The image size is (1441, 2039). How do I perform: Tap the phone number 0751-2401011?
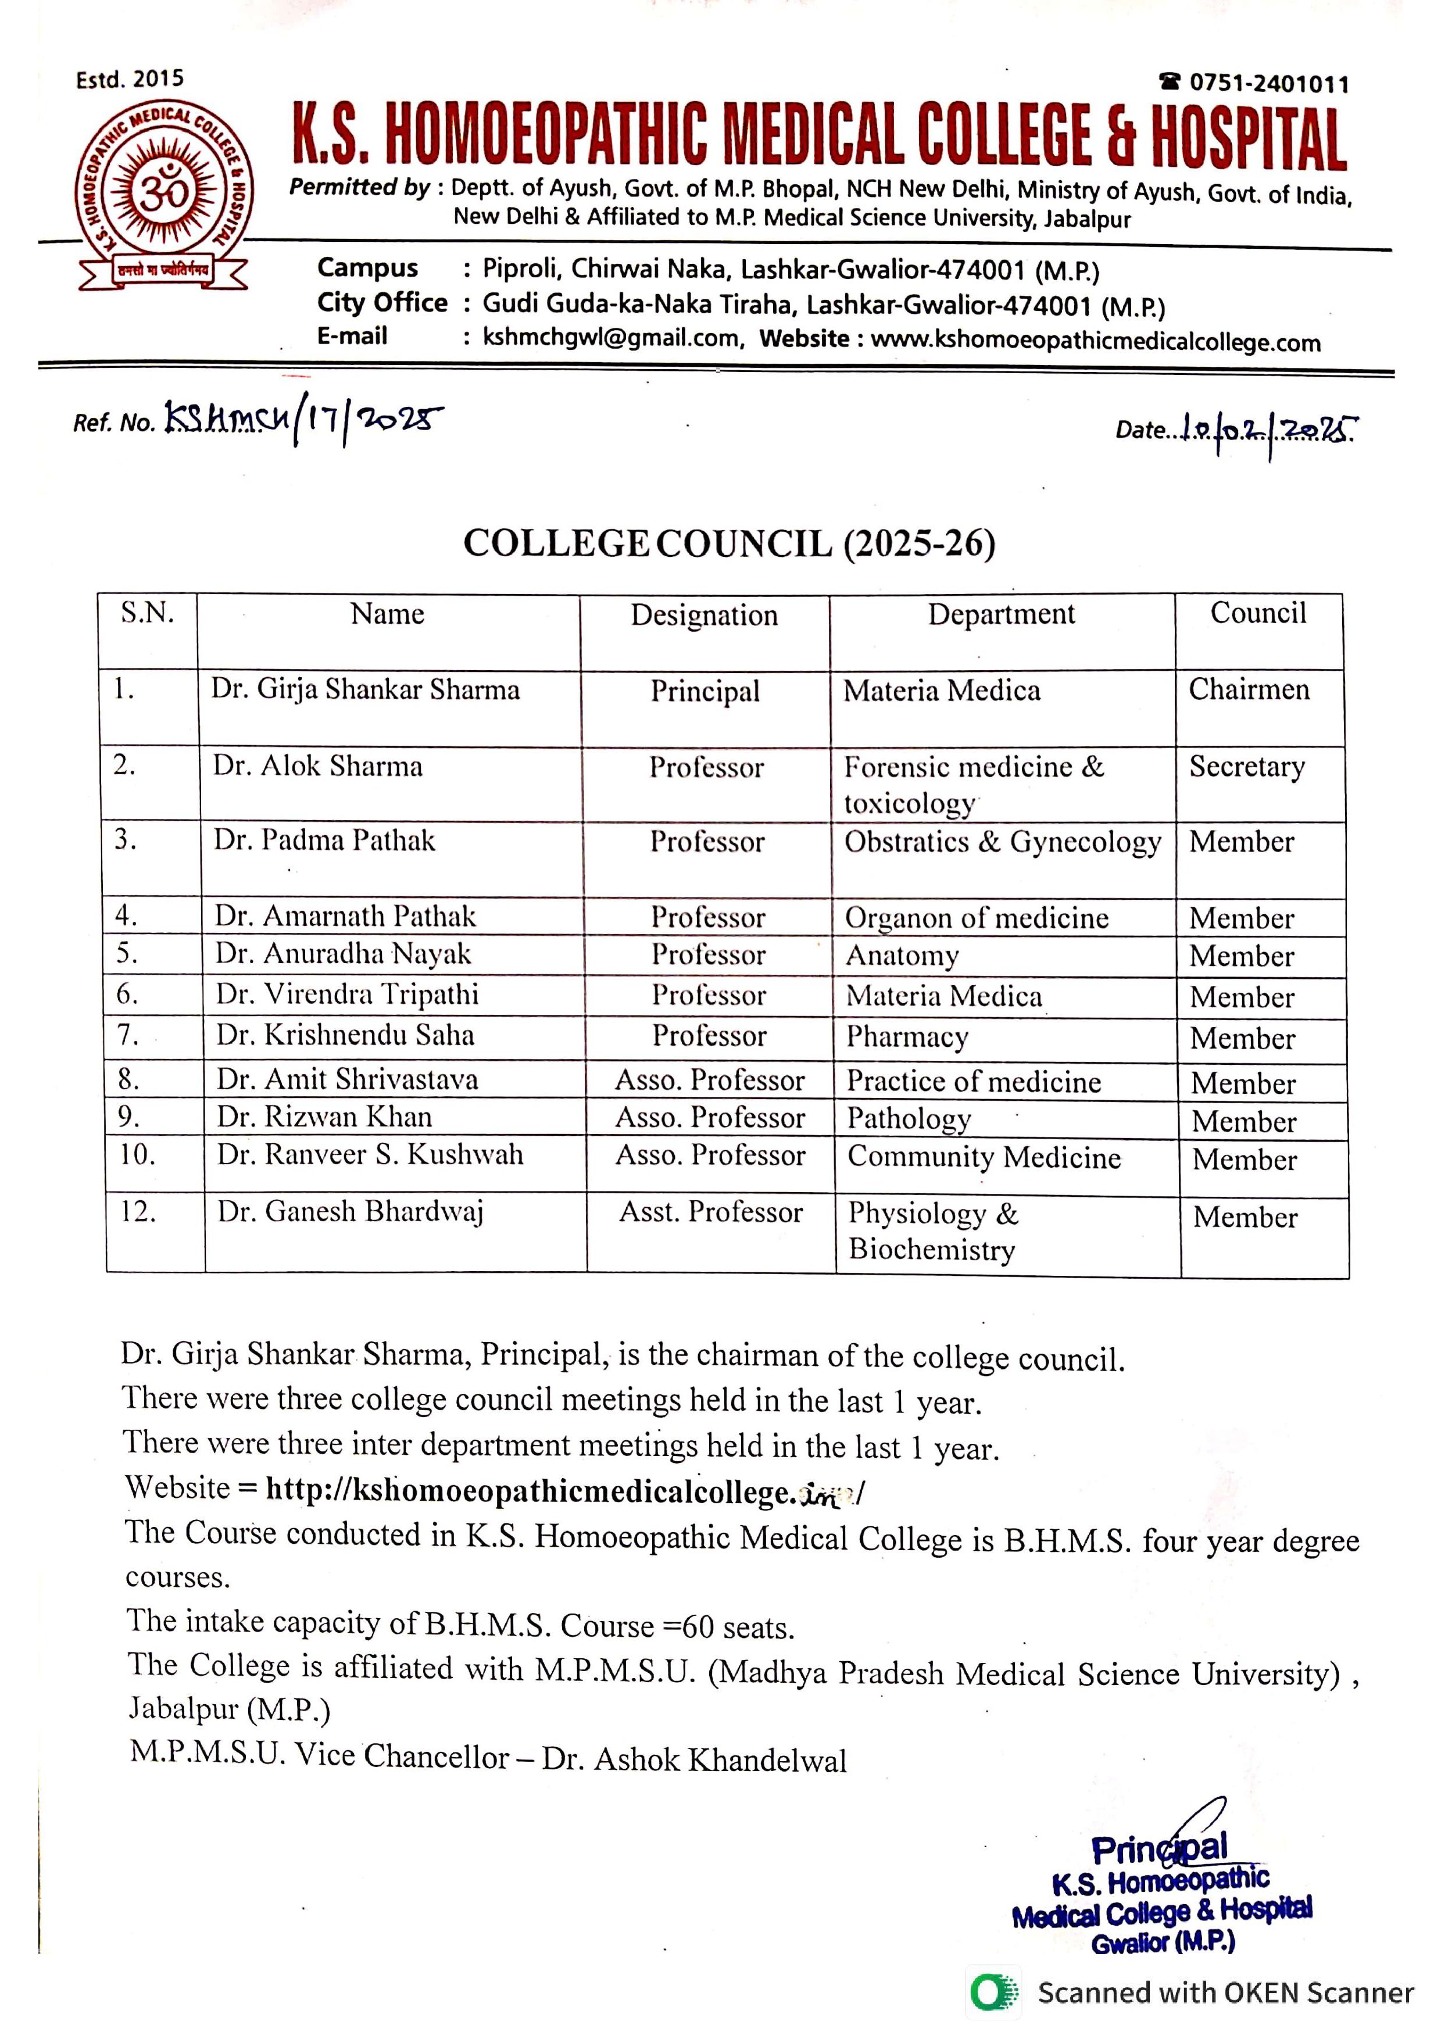pos(1267,84)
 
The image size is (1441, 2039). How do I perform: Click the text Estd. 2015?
pos(130,79)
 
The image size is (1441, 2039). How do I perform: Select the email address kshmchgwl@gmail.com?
pos(612,338)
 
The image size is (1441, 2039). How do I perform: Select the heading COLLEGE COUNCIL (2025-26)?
pos(729,543)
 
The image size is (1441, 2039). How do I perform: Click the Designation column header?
pos(704,614)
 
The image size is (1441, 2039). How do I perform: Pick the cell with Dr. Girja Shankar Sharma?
pos(365,690)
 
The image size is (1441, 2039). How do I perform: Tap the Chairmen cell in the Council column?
pos(1249,689)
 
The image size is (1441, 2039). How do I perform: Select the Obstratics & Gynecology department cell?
pos(1002,842)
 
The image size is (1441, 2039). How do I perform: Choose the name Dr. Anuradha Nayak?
pos(343,954)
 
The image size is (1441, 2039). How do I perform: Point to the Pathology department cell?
pos(909,1118)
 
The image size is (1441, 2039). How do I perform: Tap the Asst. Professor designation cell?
pos(710,1212)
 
